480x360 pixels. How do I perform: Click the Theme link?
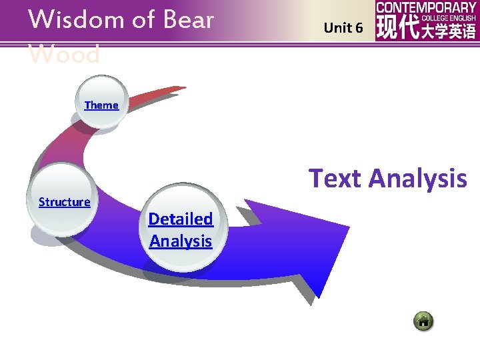point(101,105)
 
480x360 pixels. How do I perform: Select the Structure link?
point(64,201)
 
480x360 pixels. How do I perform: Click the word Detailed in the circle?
point(181,219)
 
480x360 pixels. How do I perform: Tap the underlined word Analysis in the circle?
point(181,241)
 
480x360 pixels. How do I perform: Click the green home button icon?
point(423,321)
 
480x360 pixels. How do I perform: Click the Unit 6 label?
point(343,28)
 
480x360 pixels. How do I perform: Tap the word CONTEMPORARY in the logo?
point(426,7)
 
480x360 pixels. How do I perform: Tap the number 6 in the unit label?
point(359,28)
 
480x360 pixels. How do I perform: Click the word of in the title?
point(143,19)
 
